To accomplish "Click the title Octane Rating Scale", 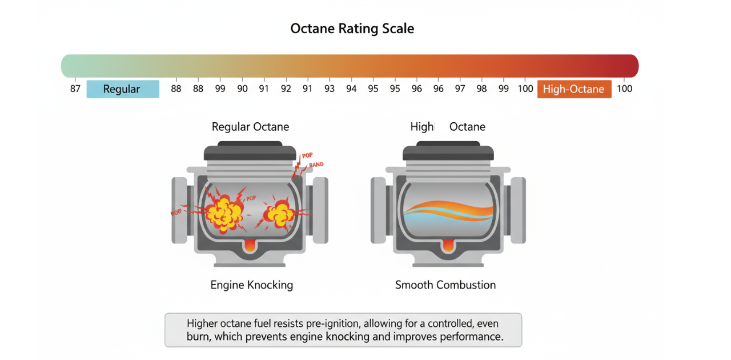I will pyautogui.click(x=352, y=29).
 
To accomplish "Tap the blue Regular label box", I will pyautogui.click(x=123, y=89).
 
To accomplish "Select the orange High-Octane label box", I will pyautogui.click(x=573, y=89).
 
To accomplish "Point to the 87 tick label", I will pyautogui.click(x=75, y=89).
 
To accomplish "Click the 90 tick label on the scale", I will pyautogui.click(x=242, y=89).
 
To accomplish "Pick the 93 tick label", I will pyautogui.click(x=330, y=89).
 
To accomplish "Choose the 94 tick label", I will pyautogui.click(x=351, y=89).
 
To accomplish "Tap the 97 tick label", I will pyautogui.click(x=460, y=89).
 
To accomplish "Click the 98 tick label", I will pyautogui.click(x=482, y=89).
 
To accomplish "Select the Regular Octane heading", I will pyautogui.click(x=250, y=127).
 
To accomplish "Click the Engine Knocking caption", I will pyautogui.click(x=251, y=285).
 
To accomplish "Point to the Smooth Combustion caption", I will pyautogui.click(x=445, y=285).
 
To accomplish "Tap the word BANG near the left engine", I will pyautogui.click(x=315, y=165).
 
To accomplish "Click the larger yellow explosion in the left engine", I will pyautogui.click(x=224, y=214).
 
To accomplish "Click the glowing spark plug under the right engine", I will pyautogui.click(x=448, y=245).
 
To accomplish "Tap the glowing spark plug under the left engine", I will pyautogui.click(x=250, y=245).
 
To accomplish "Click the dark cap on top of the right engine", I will pyautogui.click(x=448, y=151).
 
